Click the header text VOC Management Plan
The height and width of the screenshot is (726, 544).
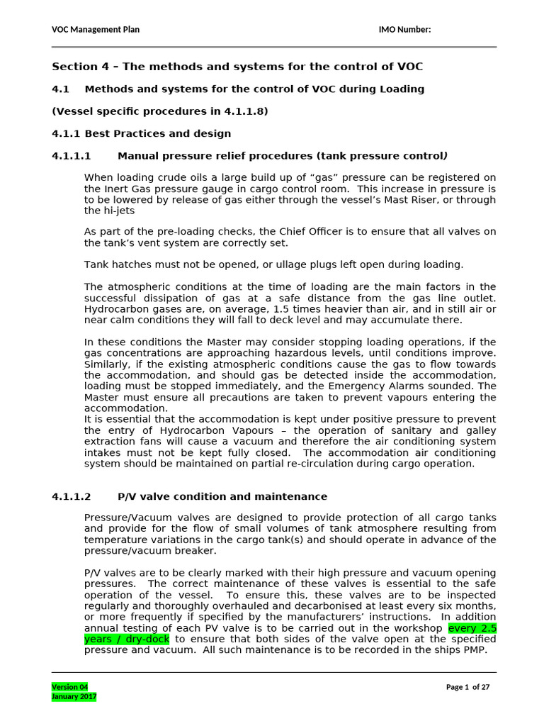[x=96, y=29]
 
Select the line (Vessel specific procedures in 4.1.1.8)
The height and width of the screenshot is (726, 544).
[x=160, y=111]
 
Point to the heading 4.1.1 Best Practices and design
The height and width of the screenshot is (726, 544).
[x=142, y=133]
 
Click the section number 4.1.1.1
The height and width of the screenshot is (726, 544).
[x=74, y=155]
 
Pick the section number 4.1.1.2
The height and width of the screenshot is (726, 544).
[x=74, y=496]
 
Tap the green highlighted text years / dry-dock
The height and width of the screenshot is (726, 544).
[x=127, y=639]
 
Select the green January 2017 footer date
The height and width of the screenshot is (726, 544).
[x=74, y=697]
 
